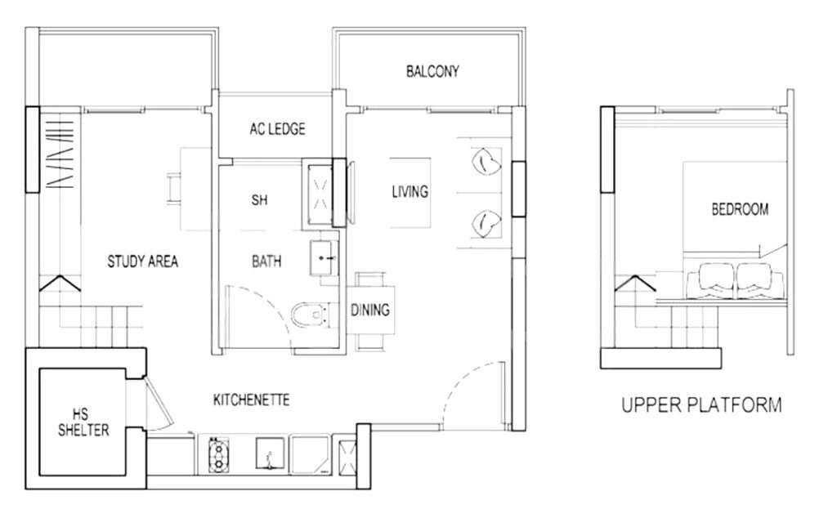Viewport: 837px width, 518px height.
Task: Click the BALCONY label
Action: (x=432, y=71)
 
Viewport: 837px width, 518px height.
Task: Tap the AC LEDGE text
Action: (x=278, y=128)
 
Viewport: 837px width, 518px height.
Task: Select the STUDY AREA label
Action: (x=142, y=261)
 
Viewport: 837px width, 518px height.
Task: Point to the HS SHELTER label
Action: (x=83, y=422)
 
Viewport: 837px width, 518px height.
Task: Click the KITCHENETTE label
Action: (x=252, y=400)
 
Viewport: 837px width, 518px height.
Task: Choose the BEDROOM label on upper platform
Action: (x=740, y=209)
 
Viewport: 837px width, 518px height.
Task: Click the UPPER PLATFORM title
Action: (x=701, y=405)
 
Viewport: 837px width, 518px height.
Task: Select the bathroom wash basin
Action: (x=324, y=257)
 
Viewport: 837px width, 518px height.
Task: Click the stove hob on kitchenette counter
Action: (x=218, y=455)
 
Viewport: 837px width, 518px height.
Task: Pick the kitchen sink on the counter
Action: (x=271, y=454)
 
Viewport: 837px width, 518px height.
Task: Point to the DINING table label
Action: (x=370, y=310)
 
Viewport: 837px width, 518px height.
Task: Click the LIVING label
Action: (x=410, y=191)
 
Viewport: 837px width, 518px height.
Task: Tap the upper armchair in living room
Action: (x=486, y=161)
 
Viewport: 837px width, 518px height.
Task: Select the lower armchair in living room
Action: (x=486, y=223)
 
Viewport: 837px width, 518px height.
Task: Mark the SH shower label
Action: (x=259, y=200)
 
